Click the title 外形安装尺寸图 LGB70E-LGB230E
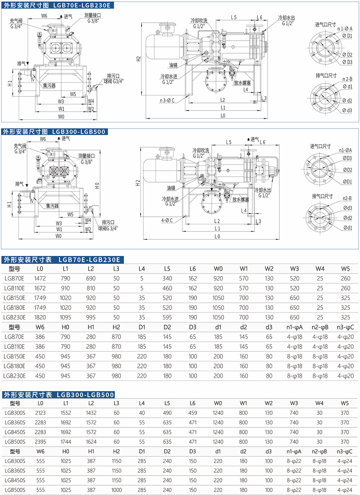point(57,5)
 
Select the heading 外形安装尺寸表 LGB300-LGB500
point(59,395)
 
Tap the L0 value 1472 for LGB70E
point(40,278)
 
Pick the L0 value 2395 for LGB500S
point(40,442)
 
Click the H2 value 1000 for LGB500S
point(116,490)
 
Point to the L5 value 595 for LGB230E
point(167,317)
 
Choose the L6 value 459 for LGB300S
point(193,413)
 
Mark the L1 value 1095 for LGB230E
point(66,317)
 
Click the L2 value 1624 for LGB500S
point(91,442)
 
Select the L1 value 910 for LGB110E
point(66,288)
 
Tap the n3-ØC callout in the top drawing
point(167,100)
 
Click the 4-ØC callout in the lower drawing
point(167,220)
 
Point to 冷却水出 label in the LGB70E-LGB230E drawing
point(287,17)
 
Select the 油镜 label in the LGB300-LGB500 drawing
point(171,188)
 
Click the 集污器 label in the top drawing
point(49,86)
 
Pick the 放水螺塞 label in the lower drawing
point(240,199)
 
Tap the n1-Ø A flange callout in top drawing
point(345,28)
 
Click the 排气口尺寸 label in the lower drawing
point(322,196)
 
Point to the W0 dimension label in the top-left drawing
point(61,117)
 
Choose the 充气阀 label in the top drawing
point(16,21)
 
